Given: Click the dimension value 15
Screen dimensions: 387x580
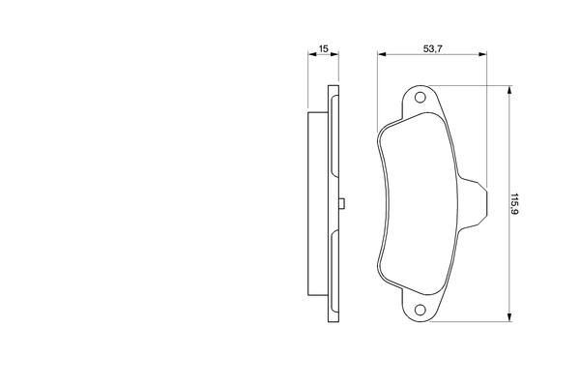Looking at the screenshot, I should pyautogui.click(x=325, y=46).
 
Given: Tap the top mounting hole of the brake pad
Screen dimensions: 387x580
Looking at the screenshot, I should pyautogui.click(x=420, y=98).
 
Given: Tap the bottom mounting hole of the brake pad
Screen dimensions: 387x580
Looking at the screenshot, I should pyautogui.click(x=420, y=310).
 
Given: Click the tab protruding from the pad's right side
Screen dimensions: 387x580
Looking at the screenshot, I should pyautogui.click(x=474, y=203).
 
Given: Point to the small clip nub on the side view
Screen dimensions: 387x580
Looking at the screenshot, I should pyautogui.click(x=342, y=203).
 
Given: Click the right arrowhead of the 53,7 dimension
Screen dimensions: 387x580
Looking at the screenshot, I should pyautogui.click(x=482, y=56).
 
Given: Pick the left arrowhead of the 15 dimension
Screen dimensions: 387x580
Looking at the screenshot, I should pyautogui.click(x=311, y=56).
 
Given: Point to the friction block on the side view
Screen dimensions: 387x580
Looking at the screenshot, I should pyautogui.click(x=316, y=203).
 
